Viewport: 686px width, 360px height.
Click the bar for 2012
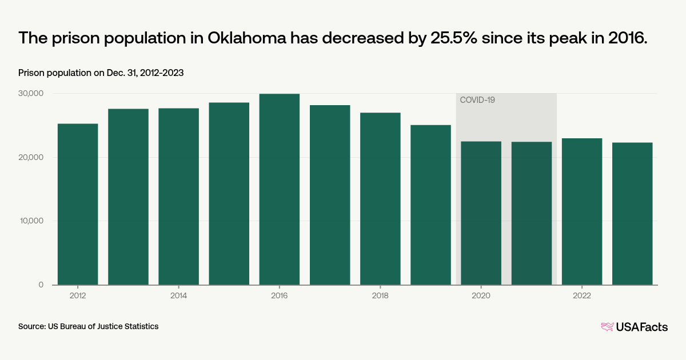(78, 204)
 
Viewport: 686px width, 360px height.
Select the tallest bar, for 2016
(279, 189)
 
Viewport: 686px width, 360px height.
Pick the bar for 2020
(481, 213)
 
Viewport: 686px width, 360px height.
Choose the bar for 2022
(582, 211)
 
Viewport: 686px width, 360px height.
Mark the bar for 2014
(178, 196)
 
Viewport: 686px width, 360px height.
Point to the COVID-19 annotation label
(477, 100)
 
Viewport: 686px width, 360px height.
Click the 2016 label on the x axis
(279, 295)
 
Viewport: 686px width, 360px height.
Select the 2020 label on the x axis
(481, 295)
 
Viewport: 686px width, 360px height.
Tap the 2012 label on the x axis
(78, 295)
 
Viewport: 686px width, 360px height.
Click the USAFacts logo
(634, 327)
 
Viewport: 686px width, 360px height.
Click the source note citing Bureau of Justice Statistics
(88, 326)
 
